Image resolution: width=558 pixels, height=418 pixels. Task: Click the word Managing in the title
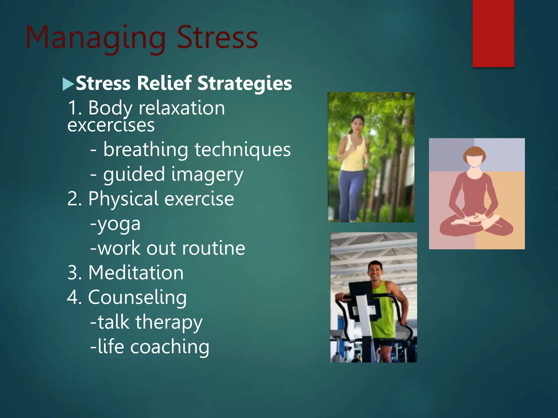[x=95, y=38]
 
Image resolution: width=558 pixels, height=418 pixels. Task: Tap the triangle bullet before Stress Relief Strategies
[x=68, y=84]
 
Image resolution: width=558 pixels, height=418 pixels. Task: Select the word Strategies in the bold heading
[x=244, y=83]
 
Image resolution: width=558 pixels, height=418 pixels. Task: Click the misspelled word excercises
[x=111, y=126]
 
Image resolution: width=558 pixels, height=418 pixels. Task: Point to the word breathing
[x=145, y=150]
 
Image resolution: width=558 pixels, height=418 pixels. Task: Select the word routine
[x=213, y=248]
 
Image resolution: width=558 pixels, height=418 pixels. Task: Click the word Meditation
[x=136, y=273]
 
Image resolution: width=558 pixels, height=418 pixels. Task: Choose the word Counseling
[x=137, y=297]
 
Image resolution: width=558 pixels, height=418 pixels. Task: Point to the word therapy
[x=169, y=322]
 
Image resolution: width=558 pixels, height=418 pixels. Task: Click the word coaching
[x=169, y=347]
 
